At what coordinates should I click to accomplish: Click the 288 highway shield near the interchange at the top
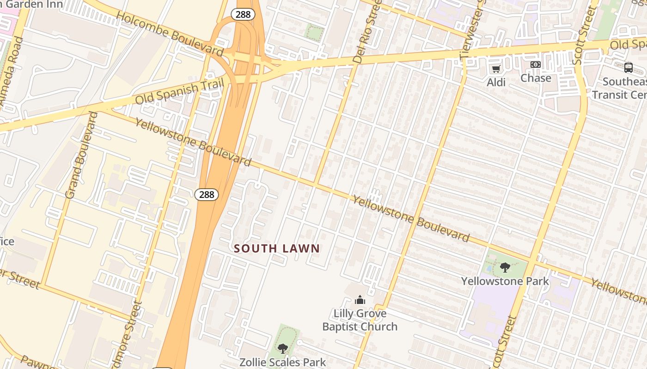pos(243,14)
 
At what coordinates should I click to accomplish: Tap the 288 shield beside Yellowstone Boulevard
pos(206,194)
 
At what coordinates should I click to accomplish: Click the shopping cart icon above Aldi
pos(496,69)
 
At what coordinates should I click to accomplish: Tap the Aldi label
pos(496,82)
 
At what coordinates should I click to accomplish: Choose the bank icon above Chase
pos(536,65)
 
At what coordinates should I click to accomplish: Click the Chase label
pos(536,78)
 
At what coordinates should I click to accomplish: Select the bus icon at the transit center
pos(628,68)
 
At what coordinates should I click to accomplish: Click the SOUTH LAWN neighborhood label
pos(277,249)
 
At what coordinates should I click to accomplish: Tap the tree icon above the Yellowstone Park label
pos(505,267)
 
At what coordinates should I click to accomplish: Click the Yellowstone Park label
pos(505,281)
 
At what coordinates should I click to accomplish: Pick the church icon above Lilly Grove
pos(360,300)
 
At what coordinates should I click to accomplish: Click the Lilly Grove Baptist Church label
pos(360,320)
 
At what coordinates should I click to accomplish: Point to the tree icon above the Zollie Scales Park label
pos(282,349)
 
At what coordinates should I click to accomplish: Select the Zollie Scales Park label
pos(282,363)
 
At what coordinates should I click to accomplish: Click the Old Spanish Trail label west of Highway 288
pos(179,92)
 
